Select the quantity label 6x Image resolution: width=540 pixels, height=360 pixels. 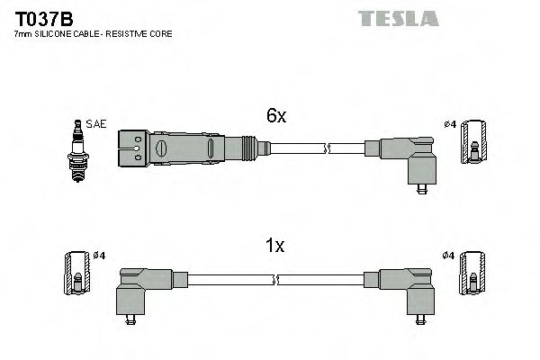point(275,116)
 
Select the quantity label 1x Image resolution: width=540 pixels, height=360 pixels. point(274,246)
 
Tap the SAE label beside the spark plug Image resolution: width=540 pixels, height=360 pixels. point(96,124)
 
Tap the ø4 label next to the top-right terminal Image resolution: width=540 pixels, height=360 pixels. point(450,124)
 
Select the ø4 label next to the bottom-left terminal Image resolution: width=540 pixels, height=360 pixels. point(98,256)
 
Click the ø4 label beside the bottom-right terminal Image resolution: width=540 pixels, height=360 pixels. point(450,256)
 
